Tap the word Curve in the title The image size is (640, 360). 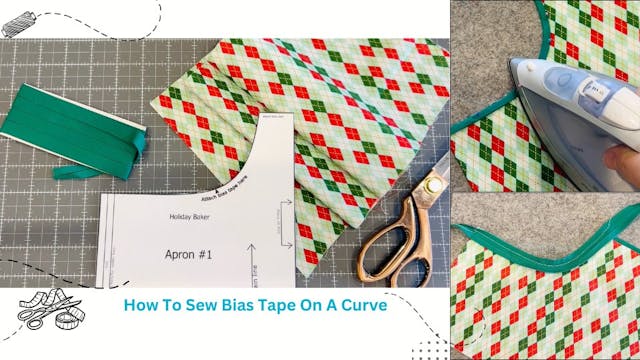[x=359, y=304]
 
